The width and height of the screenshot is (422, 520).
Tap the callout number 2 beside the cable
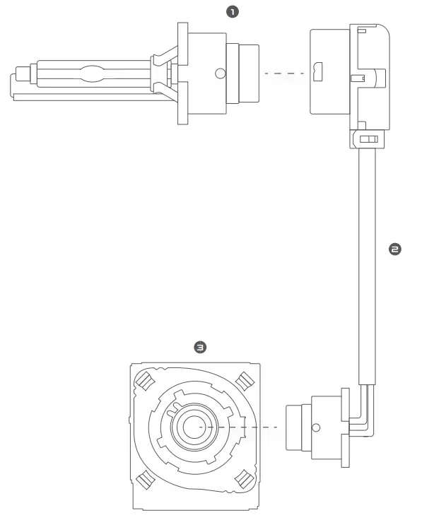pos(394,249)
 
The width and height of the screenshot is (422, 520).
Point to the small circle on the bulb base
pos(221,73)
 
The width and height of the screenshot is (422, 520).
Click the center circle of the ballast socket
pos(189,427)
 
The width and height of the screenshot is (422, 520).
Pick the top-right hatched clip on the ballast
pos(242,382)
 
